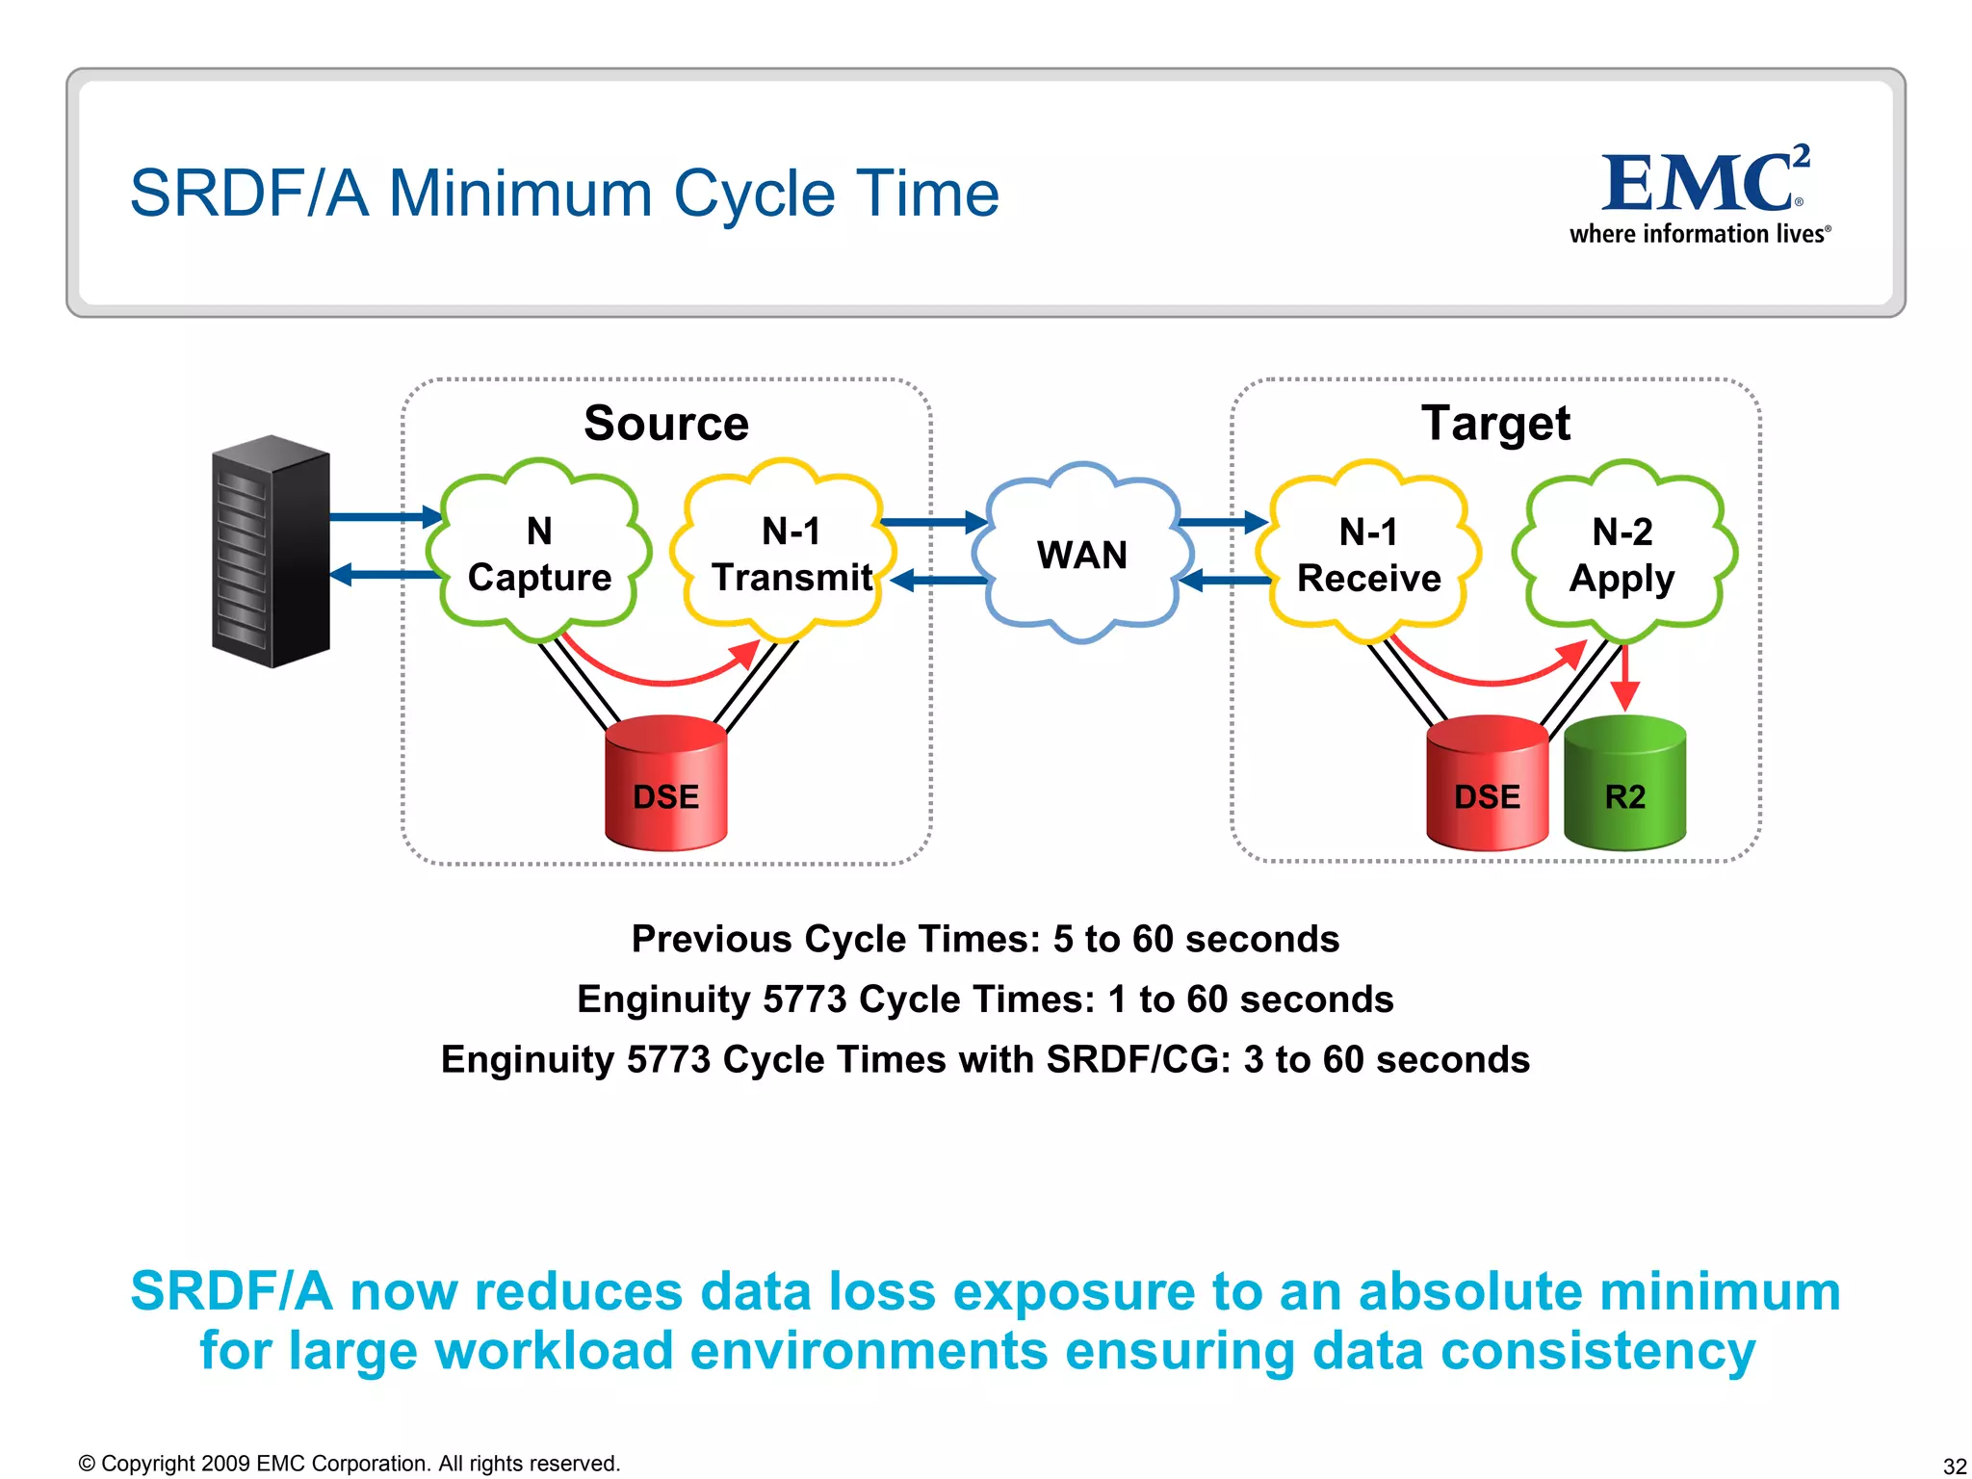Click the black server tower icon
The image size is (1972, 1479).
[271, 552]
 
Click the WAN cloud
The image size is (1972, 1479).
[1082, 555]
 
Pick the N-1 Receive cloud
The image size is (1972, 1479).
[1368, 555]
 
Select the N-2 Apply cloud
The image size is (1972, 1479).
[1623, 555]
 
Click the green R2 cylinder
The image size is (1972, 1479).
[1625, 785]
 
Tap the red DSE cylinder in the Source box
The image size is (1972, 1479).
[666, 785]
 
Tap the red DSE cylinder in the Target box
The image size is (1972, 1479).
[1487, 785]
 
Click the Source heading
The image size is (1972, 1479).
[666, 424]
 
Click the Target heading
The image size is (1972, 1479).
[1495, 424]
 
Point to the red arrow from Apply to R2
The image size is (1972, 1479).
[1625, 678]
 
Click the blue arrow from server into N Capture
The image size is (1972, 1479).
[385, 517]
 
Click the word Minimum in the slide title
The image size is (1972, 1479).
[520, 194]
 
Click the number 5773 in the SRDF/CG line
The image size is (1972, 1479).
[668, 1059]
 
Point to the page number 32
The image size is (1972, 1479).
[1954, 1466]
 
